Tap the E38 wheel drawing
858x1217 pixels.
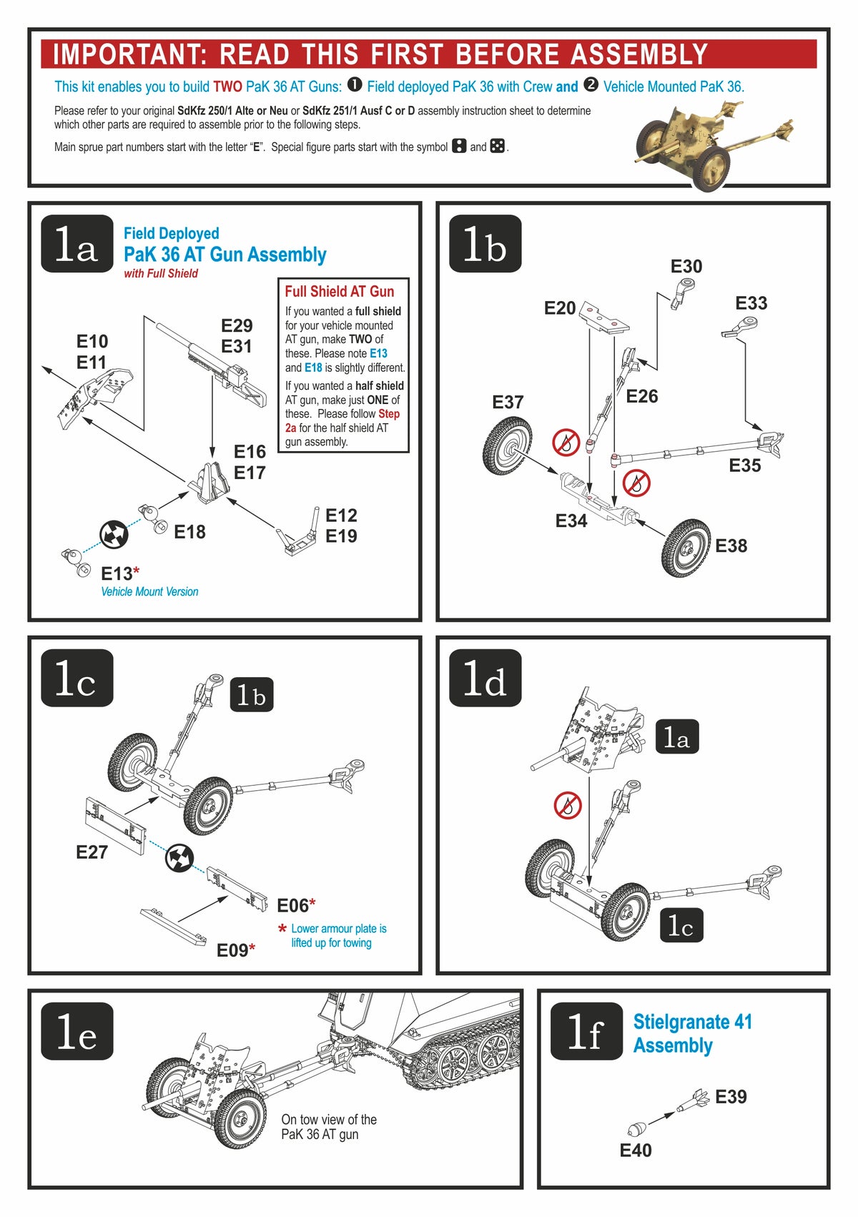pos(686,548)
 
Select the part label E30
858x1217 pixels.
pos(686,267)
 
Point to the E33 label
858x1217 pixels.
pos(751,303)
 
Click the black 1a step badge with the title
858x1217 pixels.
pos(77,244)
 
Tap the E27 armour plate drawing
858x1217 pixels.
pos(115,826)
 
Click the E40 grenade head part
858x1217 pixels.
pos(636,1129)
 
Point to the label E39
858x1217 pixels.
pos(731,1097)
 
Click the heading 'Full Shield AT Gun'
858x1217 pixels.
pos(340,291)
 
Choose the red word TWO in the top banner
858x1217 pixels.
pos(227,87)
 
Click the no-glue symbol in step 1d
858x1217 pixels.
pos(568,806)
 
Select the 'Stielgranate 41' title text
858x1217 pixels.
pos(692,1022)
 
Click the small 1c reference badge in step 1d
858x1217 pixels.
pos(680,927)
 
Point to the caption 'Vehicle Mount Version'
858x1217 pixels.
pos(149,592)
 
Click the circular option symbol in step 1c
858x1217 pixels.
pos(179,857)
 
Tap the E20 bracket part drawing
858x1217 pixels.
pos(604,316)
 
